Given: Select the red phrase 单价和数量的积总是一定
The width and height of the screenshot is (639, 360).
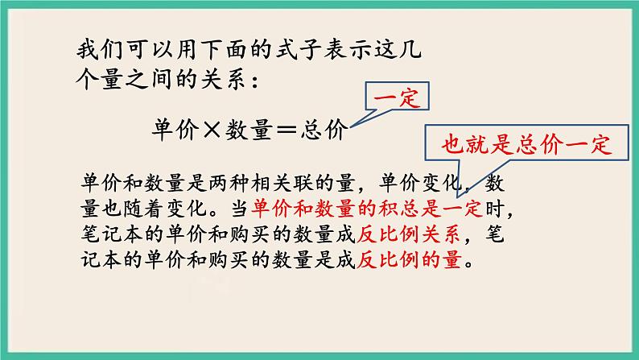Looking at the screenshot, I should [x=366, y=208].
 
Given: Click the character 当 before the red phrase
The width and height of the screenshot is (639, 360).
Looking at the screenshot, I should [x=239, y=208].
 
